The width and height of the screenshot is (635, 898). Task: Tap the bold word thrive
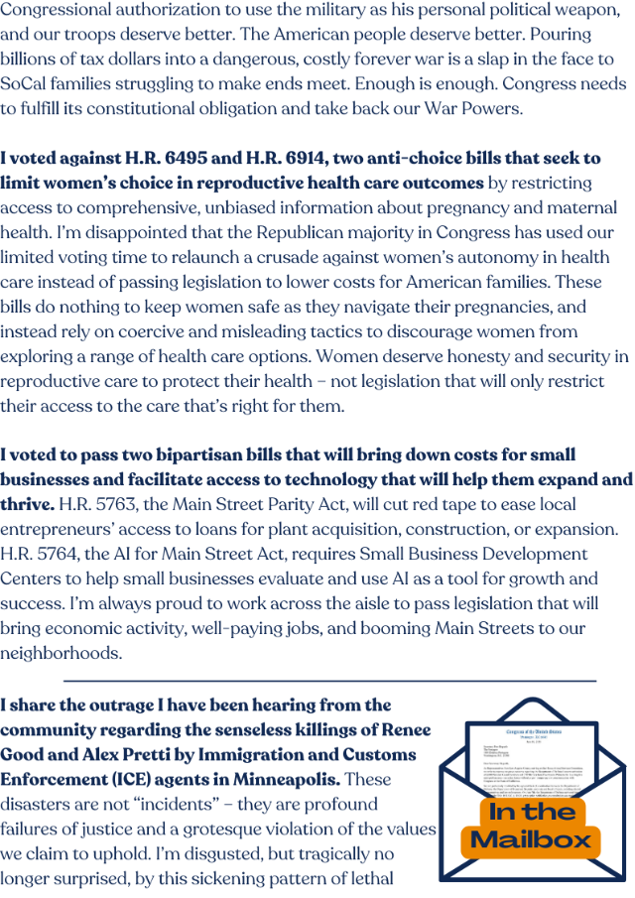(27, 505)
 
